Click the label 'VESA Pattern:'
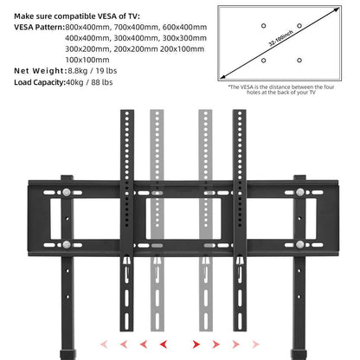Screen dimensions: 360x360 coord(36,28)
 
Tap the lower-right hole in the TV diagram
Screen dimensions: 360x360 coord(299,60)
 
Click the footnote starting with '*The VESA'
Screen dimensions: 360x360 coord(282,90)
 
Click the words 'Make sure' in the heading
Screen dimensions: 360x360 coord(33,14)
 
